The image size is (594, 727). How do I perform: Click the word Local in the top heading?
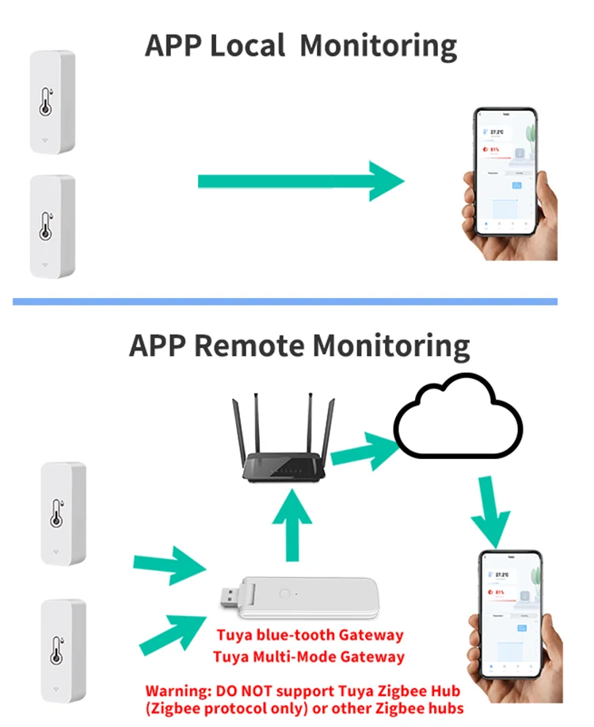click(246, 46)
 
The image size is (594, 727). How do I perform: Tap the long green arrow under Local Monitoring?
click(301, 182)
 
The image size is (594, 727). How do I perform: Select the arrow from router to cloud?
click(364, 449)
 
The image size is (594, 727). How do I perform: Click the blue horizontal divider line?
click(285, 301)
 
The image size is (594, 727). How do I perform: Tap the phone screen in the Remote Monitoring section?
click(510, 614)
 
